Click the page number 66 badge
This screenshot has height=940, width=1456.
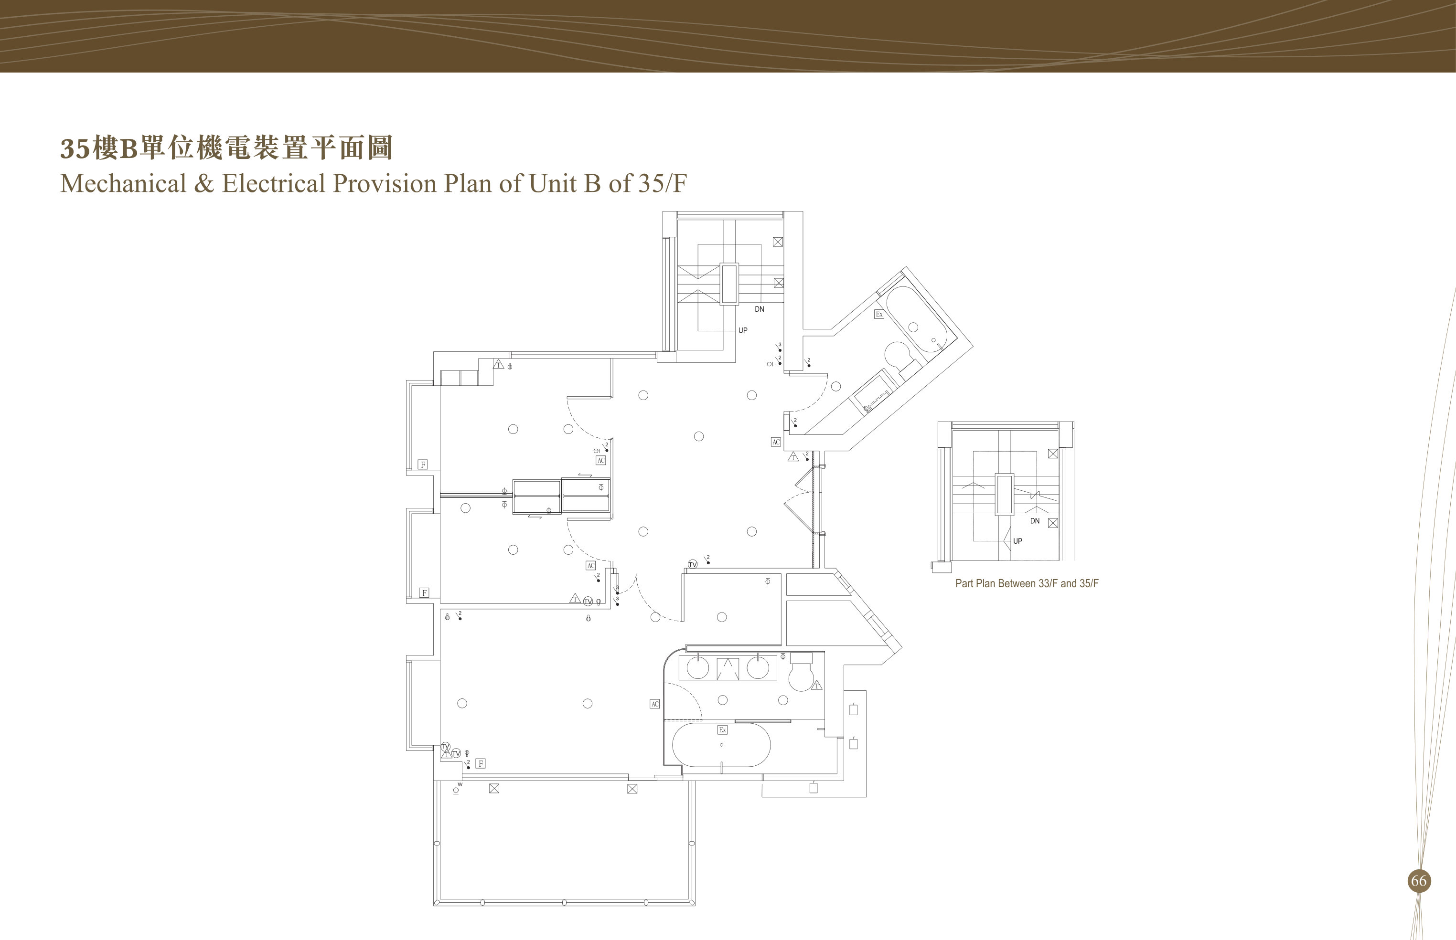click(1418, 881)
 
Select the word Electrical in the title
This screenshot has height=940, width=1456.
click(273, 183)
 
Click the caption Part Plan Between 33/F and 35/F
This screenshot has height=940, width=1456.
click(1027, 583)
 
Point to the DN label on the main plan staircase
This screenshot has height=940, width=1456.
click(759, 309)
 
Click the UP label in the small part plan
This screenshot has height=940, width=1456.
click(1017, 541)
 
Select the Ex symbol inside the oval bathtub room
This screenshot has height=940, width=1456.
click(722, 730)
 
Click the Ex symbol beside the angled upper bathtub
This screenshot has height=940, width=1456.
click(879, 314)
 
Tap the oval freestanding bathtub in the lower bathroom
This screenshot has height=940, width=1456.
click(721, 745)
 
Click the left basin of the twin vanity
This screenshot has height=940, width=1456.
click(697, 668)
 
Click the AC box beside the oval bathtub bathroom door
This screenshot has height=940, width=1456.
click(655, 704)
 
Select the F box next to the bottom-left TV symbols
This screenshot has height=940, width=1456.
click(481, 763)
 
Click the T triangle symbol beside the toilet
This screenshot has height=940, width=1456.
click(817, 686)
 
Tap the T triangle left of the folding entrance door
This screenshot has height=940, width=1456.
click(793, 456)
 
